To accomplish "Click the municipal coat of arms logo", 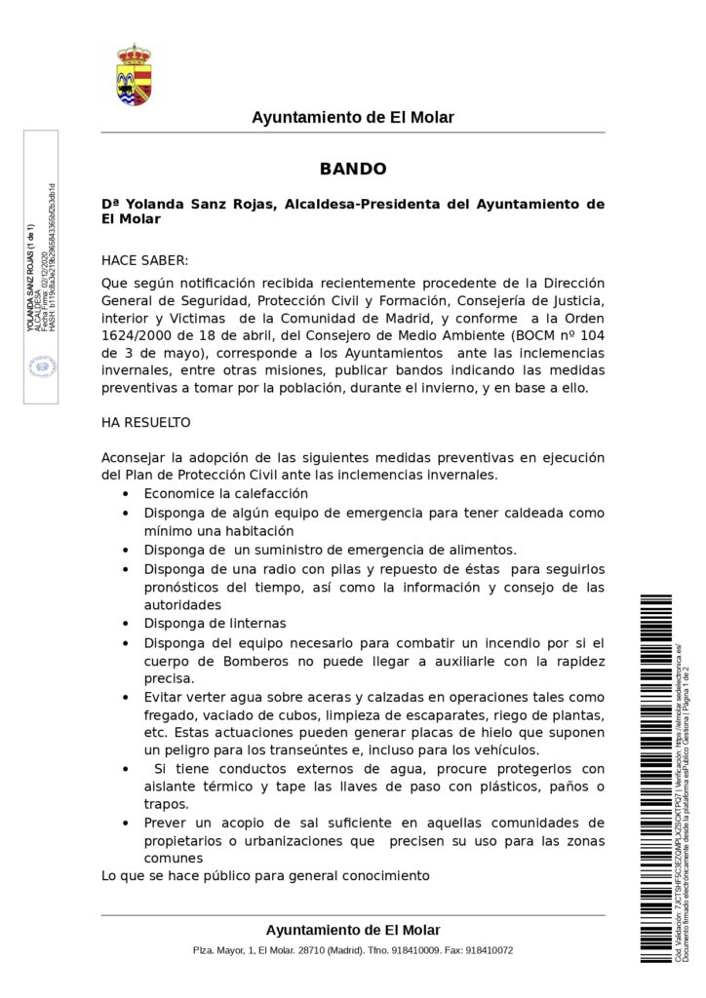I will (x=134, y=74).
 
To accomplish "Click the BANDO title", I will (x=353, y=169).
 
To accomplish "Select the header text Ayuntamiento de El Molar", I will (x=353, y=118).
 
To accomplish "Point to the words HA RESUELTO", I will (x=146, y=423).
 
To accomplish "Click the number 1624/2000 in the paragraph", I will (x=139, y=335).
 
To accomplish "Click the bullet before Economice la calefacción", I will (x=127, y=495).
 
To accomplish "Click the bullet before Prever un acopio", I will (x=127, y=824).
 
